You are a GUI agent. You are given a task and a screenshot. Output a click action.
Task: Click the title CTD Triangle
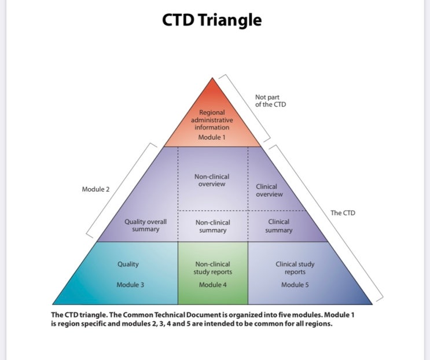[211, 20]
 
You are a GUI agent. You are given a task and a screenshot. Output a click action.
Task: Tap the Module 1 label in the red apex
[212, 138]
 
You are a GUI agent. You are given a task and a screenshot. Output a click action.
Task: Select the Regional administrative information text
[212, 120]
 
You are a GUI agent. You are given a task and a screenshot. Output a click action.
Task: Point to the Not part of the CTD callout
[271, 101]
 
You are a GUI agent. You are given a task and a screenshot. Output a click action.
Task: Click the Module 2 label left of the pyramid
[95, 189]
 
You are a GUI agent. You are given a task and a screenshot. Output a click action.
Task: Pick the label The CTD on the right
[343, 213]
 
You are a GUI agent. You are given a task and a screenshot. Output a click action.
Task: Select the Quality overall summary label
[145, 226]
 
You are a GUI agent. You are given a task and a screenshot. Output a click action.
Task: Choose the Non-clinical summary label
[212, 226]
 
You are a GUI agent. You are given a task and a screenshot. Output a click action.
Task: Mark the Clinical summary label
[278, 226]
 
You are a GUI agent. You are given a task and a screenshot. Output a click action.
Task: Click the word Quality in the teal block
[128, 264]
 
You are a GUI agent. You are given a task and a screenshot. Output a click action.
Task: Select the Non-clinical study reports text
[212, 268]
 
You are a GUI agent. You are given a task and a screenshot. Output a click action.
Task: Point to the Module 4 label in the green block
[212, 285]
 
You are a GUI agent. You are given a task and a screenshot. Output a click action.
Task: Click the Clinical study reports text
[295, 268]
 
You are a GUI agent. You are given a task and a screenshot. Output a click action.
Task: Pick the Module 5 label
[295, 285]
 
